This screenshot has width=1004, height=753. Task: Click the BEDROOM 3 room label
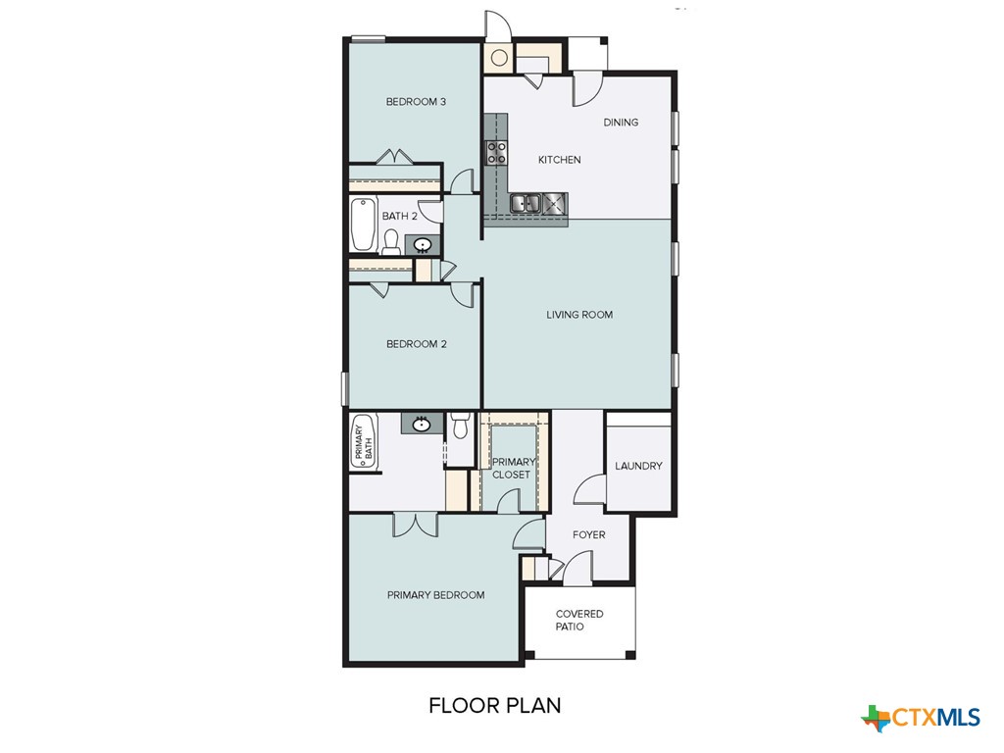pos(416,102)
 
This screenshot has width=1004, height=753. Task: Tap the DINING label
pos(621,123)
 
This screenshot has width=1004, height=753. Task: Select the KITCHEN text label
pos(560,160)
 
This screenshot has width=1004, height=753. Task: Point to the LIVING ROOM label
pos(579,315)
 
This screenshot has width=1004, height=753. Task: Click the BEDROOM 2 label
pos(416,344)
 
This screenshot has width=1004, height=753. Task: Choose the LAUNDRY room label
pos(638,466)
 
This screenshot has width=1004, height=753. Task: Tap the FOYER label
pos(589,535)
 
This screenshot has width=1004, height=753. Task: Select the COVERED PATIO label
pos(579,621)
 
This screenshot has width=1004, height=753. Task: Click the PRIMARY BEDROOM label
pos(435,595)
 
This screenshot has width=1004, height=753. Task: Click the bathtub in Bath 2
pos(363,227)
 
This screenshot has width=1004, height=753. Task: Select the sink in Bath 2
pos(423,245)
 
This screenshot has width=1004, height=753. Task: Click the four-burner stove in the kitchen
pos(497,152)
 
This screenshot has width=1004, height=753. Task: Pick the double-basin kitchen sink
pos(527,203)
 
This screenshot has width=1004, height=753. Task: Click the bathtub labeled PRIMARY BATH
pos(363,442)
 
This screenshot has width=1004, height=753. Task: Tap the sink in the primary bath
pos(422,424)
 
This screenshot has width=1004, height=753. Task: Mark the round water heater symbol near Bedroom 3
pos(499,58)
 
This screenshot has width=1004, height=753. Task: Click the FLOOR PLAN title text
pos(494,705)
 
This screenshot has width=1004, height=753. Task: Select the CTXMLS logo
pos(921,718)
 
